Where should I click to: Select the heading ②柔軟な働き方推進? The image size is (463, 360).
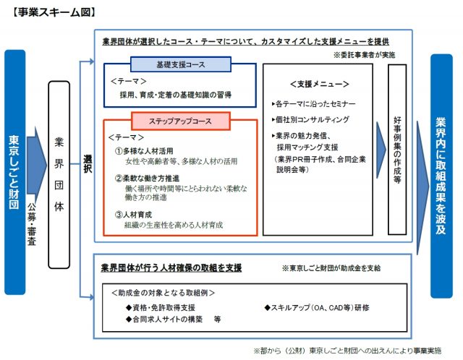tap(153, 178)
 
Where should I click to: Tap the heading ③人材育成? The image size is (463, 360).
tap(138, 215)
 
